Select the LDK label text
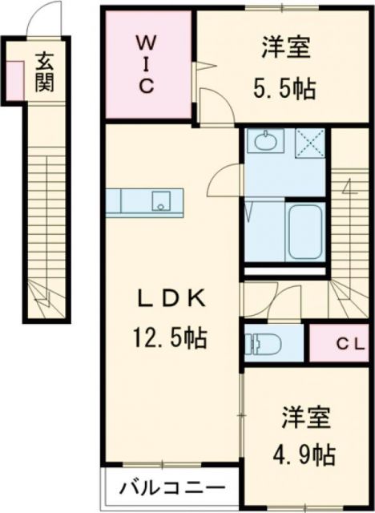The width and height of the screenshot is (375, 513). click(172, 301)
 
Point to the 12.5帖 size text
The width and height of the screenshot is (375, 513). click(171, 337)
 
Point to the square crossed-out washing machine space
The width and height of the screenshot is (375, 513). click(309, 142)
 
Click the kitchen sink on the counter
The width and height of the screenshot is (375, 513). click(163, 200)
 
